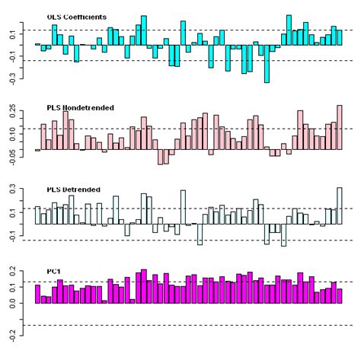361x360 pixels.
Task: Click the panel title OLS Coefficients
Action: tap(76, 16)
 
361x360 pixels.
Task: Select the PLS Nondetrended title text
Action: tap(81, 108)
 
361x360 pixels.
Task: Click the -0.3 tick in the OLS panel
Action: tap(13, 76)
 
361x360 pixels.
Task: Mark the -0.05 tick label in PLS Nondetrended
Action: tap(13, 155)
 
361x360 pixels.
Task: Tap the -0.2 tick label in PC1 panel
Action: tap(13, 333)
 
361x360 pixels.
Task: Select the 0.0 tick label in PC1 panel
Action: tap(13, 304)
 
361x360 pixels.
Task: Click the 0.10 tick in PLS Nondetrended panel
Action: tap(13, 130)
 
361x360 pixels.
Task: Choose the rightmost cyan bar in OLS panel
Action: tap(340, 37)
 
